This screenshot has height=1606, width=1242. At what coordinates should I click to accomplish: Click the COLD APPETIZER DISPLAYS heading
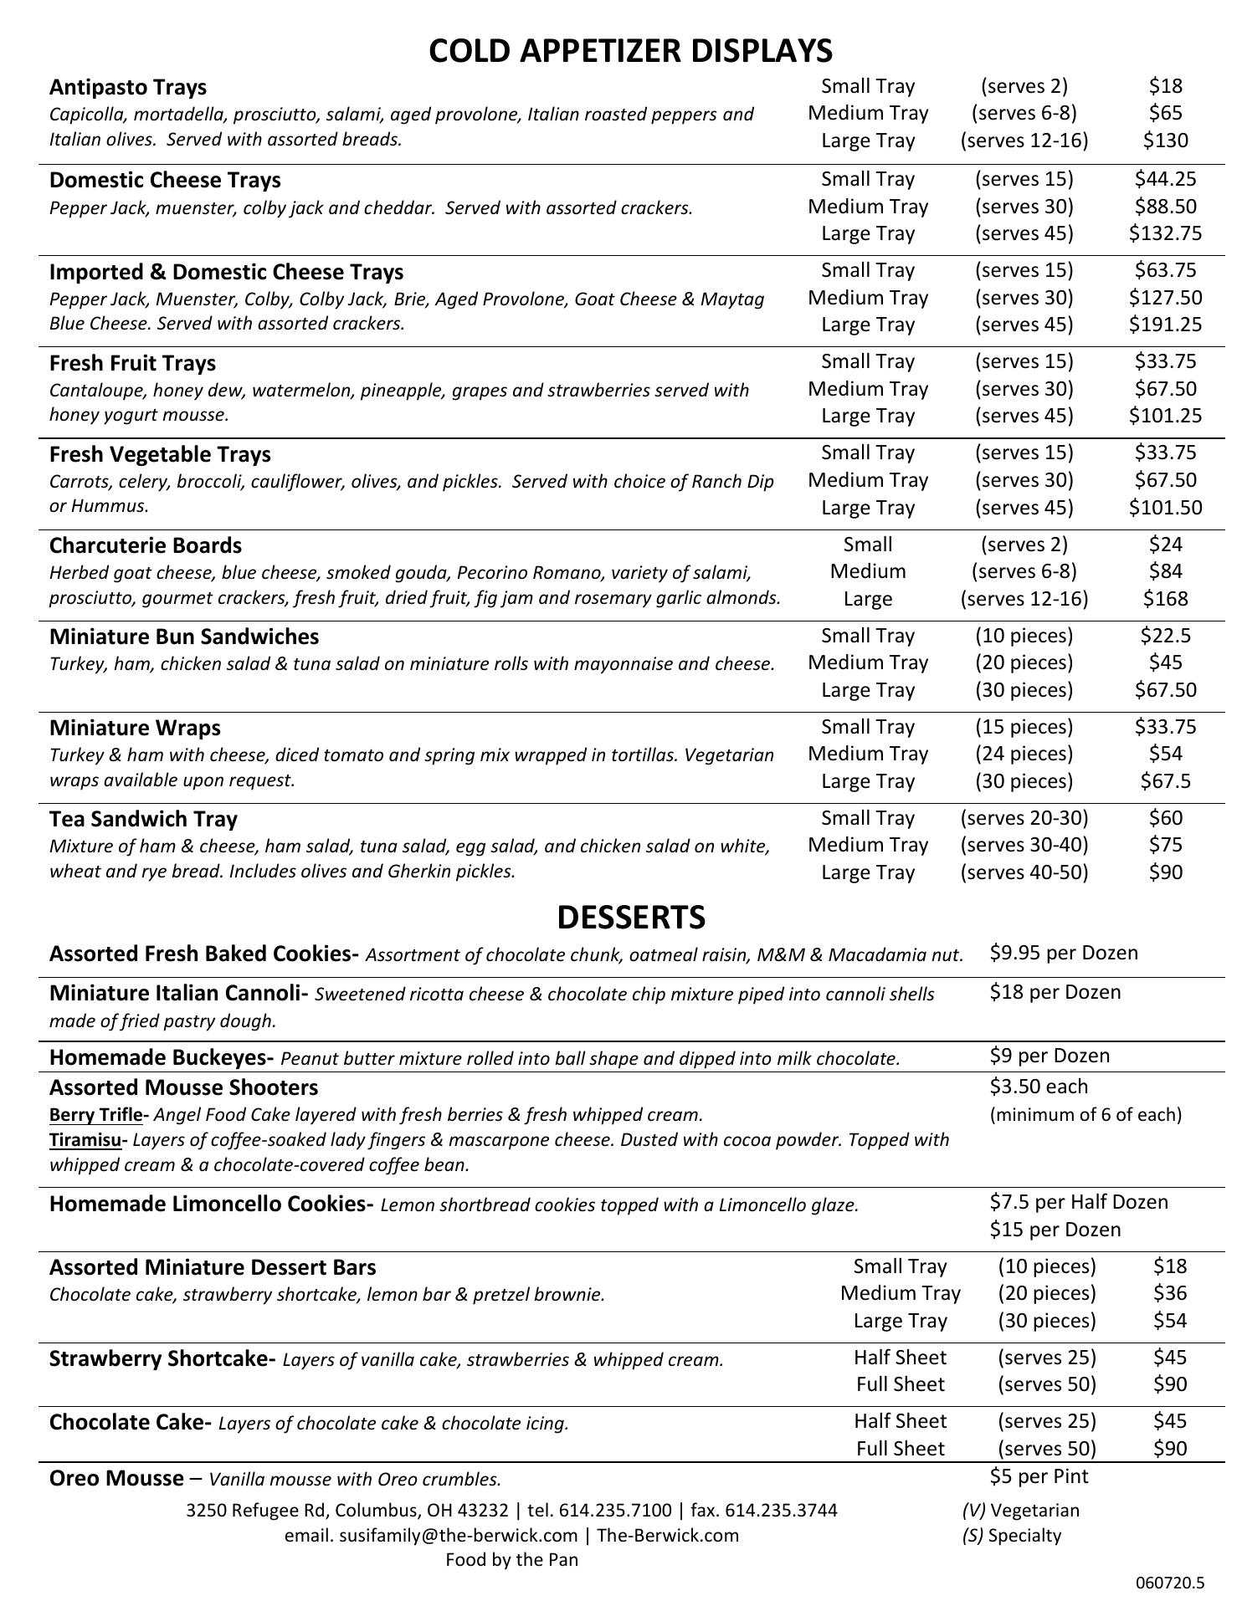[630, 51]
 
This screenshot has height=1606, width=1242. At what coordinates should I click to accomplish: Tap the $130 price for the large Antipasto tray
[1165, 141]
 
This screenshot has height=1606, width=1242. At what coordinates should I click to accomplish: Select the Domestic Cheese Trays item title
[165, 181]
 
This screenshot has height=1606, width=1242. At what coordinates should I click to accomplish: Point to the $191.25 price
[1165, 325]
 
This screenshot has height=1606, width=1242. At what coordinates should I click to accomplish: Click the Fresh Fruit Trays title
[132, 363]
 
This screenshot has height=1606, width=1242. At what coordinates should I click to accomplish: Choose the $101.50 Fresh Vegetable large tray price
[1165, 508]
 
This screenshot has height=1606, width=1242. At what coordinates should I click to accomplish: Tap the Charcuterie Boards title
[146, 545]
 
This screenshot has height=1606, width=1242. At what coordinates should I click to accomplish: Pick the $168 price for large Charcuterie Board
[1165, 599]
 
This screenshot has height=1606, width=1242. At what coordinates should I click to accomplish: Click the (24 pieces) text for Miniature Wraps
[1024, 754]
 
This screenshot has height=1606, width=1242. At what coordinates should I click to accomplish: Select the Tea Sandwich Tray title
[143, 819]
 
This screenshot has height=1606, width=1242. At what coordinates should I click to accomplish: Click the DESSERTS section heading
[630, 918]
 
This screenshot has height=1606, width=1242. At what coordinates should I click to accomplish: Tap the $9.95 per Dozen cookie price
[1063, 953]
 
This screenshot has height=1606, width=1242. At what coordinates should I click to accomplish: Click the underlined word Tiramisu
[85, 1140]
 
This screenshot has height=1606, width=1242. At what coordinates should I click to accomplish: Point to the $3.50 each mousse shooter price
[1039, 1087]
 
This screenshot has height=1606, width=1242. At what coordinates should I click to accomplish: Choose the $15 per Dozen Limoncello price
[1055, 1230]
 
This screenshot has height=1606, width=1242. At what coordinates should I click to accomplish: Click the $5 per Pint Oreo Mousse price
[1039, 1476]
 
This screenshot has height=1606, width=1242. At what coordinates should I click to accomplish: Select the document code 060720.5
[1170, 1583]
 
